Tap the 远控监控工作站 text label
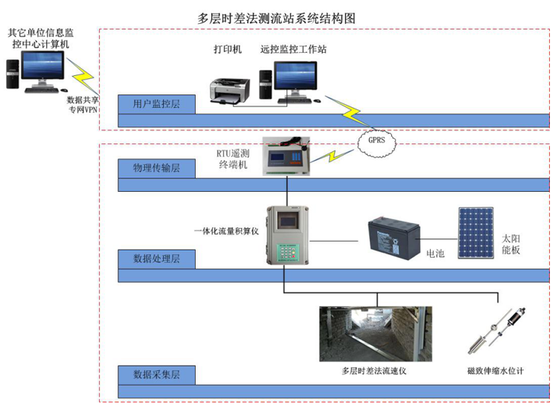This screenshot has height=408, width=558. click(293, 50)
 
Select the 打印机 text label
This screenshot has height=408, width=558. click(228, 50)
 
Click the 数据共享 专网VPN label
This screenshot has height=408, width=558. click(82, 105)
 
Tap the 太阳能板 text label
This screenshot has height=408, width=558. click(511, 235)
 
